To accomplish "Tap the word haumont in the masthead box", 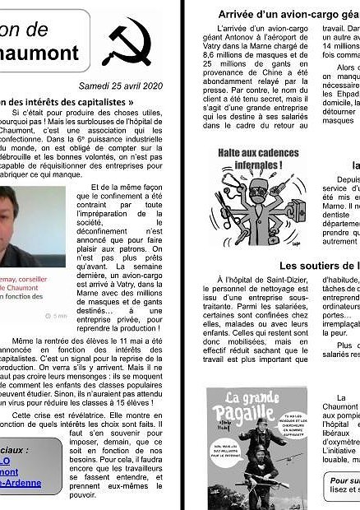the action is click(x=41, y=53).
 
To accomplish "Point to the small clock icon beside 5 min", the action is click(x=45, y=315).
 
